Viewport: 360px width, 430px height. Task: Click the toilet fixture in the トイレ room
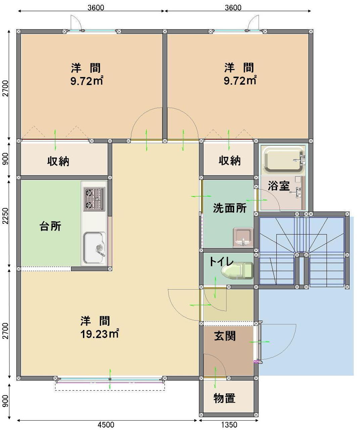tap(237, 270)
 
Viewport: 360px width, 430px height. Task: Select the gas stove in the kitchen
tap(94, 199)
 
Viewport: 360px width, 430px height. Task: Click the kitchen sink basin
tap(94, 248)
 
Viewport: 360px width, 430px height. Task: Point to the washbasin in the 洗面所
tap(243, 237)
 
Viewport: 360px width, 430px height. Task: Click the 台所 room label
tap(50, 226)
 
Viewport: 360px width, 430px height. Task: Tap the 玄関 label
tap(225, 336)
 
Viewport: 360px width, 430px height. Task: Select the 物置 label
tap(224, 398)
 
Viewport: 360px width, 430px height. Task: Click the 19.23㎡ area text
tap(100, 334)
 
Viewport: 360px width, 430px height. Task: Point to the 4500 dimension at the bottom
tap(106, 425)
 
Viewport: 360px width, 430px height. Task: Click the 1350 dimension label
tap(229, 425)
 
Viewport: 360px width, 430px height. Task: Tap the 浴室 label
tap(279, 185)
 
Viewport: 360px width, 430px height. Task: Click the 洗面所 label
tap(230, 208)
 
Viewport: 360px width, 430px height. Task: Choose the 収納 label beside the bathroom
tap(229, 161)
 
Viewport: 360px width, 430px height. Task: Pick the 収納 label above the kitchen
tap(58, 161)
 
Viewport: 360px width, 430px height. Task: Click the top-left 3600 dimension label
tap(96, 8)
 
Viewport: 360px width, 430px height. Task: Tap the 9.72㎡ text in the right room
tap(240, 81)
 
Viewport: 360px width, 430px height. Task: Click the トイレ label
tap(221, 262)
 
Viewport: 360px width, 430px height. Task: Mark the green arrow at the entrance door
tap(259, 342)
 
